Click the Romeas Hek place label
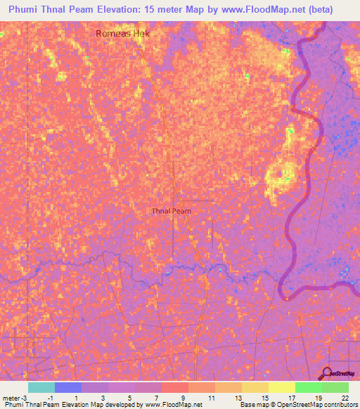click(x=124, y=33)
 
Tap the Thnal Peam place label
click(x=172, y=210)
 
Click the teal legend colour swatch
click(x=41, y=387)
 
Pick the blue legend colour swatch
click(x=67, y=387)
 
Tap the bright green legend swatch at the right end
click(x=335, y=387)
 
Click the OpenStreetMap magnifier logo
click(x=327, y=373)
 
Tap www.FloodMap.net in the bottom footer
click(x=173, y=405)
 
